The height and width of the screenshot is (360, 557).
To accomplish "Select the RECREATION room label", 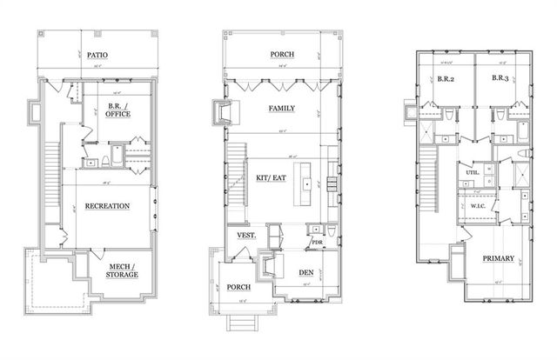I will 107,206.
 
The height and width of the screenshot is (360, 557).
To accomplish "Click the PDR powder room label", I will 317,243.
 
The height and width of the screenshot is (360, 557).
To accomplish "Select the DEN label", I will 305,271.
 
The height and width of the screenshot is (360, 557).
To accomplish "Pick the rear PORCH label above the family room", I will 280,54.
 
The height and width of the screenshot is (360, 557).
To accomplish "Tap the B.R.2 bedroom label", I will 447,78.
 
